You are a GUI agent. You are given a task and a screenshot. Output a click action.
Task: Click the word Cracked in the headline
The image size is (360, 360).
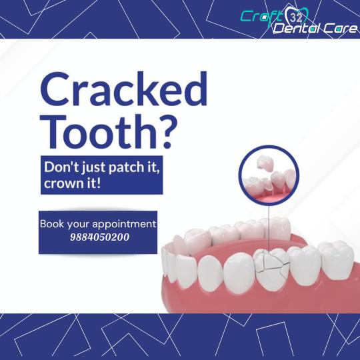pyautogui.click(x=124, y=89)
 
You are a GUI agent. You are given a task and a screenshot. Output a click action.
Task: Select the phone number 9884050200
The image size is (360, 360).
pyautogui.click(x=99, y=237)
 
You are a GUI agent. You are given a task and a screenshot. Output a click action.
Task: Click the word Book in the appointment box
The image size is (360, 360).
pyautogui.click(x=52, y=224)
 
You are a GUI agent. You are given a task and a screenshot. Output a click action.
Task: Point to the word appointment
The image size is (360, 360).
pyautogui.click(x=125, y=225)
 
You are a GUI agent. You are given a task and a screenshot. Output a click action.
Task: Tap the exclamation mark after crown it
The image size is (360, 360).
pyautogui.click(x=99, y=183)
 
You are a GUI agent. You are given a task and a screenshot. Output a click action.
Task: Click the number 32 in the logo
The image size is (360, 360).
pyautogui.click(x=295, y=18)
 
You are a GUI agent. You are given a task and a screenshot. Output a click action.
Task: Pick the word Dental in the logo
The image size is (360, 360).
pyautogui.click(x=297, y=29)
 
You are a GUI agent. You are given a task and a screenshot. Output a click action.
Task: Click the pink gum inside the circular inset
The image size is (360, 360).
pyautogui.click(x=269, y=196)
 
